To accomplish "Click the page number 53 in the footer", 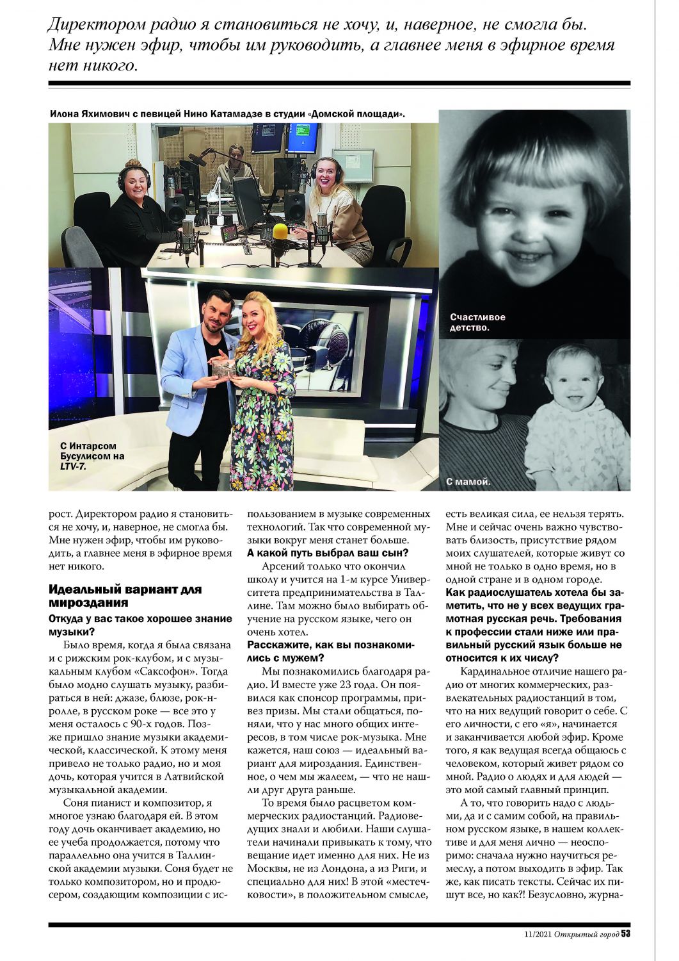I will pyautogui.click(x=625, y=933).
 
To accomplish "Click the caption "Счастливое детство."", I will pyautogui.click(x=477, y=322).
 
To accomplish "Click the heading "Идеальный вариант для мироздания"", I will pyautogui.click(x=125, y=596).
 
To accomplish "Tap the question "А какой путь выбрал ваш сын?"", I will pyautogui.click(x=328, y=553).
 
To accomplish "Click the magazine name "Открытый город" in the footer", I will pyautogui.click(x=587, y=934).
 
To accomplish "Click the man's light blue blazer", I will pyautogui.click(x=186, y=378).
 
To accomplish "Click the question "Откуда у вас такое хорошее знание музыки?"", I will pyautogui.click(x=140, y=625).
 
